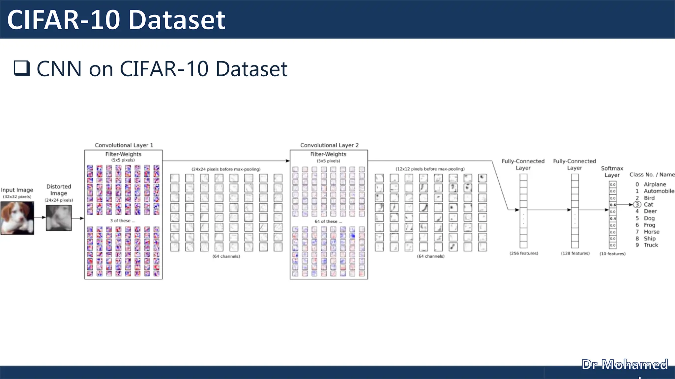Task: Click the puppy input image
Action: tap(17, 218)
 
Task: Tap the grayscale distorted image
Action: tap(59, 218)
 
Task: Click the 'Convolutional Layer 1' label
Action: tap(124, 145)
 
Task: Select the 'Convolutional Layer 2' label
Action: tap(329, 145)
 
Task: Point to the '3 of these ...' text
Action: tap(123, 221)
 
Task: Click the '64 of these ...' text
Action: tap(328, 221)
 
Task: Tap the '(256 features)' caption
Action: tap(524, 253)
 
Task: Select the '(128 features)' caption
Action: tap(575, 253)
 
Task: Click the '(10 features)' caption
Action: tap(612, 254)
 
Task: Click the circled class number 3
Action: tap(637, 205)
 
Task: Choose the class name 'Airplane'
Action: tap(655, 185)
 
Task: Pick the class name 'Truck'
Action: tap(651, 245)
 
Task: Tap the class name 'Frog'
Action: tap(650, 225)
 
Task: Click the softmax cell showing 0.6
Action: tap(613, 205)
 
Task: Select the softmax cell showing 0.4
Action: tap(613, 218)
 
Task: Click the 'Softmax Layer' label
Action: tap(612, 171)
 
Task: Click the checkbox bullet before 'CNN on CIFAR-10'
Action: tap(22, 68)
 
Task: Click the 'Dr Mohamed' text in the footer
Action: tap(625, 365)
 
